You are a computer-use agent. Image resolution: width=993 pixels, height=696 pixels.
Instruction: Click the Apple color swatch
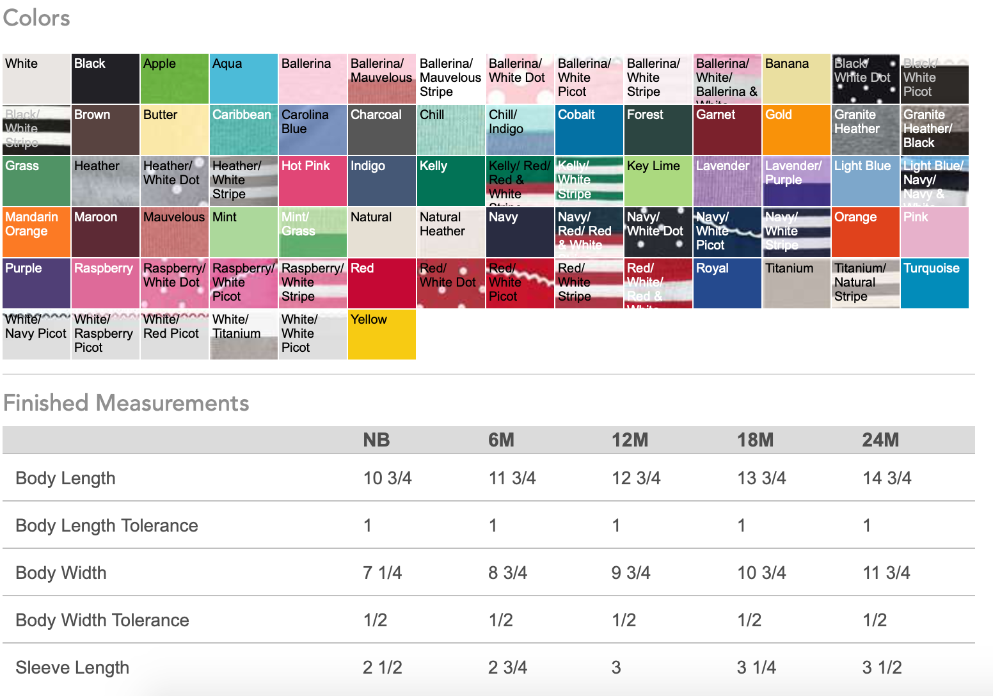click(174, 79)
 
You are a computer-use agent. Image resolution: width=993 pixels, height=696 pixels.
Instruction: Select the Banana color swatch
click(796, 79)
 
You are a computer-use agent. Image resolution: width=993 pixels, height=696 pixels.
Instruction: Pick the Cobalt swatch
click(589, 130)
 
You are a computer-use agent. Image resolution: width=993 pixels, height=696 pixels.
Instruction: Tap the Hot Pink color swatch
click(312, 181)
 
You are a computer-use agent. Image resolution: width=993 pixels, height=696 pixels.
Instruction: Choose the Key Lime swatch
click(658, 181)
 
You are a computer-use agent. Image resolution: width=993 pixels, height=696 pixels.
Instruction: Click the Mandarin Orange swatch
click(36, 232)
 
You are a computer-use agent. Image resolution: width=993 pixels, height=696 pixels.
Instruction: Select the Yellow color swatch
click(381, 335)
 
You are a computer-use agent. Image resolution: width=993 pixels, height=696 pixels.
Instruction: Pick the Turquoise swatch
click(934, 283)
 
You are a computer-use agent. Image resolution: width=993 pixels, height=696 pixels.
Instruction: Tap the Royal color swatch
click(727, 283)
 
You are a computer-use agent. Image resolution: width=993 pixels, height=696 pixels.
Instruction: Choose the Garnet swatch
click(727, 130)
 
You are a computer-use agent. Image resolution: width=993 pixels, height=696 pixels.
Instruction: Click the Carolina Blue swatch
click(312, 130)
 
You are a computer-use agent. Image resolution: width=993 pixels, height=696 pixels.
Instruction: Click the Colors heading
click(36, 18)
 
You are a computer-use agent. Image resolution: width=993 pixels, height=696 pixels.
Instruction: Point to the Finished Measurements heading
click(126, 403)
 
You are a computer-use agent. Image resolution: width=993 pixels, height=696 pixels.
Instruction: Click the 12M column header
click(630, 440)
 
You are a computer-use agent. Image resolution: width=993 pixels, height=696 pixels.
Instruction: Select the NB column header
click(376, 440)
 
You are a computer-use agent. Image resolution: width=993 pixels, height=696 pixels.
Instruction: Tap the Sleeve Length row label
click(72, 668)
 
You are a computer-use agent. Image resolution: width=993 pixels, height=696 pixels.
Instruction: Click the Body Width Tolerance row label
click(102, 621)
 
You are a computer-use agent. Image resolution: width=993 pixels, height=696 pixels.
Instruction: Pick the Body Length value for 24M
click(887, 478)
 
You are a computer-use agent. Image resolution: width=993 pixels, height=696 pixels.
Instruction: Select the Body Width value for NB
click(382, 573)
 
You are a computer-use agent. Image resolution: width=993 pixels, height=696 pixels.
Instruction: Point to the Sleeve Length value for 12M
click(616, 668)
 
